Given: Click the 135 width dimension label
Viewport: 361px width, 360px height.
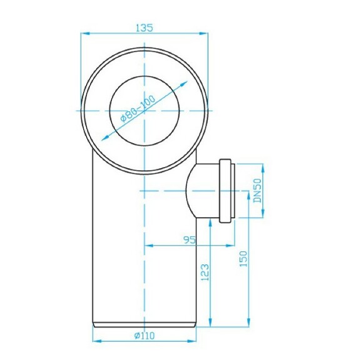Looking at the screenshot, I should point(145,27).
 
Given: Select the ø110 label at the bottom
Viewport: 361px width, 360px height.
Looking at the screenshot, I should point(144,336).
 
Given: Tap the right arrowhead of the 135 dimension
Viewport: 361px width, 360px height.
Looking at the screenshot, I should point(205,34).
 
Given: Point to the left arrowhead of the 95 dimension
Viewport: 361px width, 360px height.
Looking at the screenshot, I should point(148,246).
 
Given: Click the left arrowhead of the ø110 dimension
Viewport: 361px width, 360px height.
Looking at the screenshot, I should point(96,341).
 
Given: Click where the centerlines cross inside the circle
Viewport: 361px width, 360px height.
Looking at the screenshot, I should point(145,109).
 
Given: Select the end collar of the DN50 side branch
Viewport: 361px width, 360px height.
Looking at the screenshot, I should point(227,190).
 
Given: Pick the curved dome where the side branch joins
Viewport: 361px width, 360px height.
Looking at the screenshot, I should point(191,190).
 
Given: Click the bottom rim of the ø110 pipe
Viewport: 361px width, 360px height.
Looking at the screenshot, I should point(145,324).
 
